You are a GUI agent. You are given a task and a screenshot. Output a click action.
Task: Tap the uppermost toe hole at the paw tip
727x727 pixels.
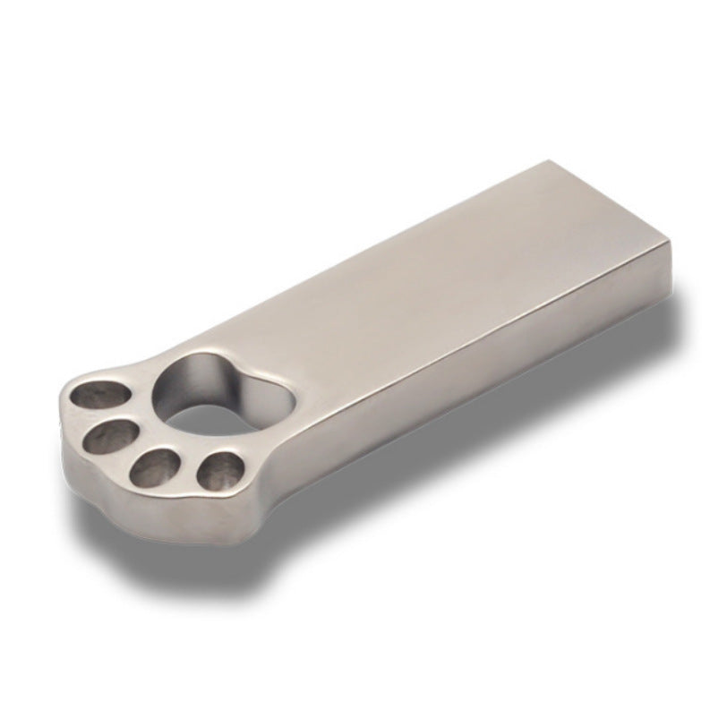(100, 395)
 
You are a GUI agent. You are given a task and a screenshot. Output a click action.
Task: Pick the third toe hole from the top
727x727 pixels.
(158, 465)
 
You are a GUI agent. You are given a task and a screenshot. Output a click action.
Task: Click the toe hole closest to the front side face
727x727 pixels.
(219, 470)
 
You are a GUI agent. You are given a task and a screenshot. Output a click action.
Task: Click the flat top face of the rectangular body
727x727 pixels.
(430, 269)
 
